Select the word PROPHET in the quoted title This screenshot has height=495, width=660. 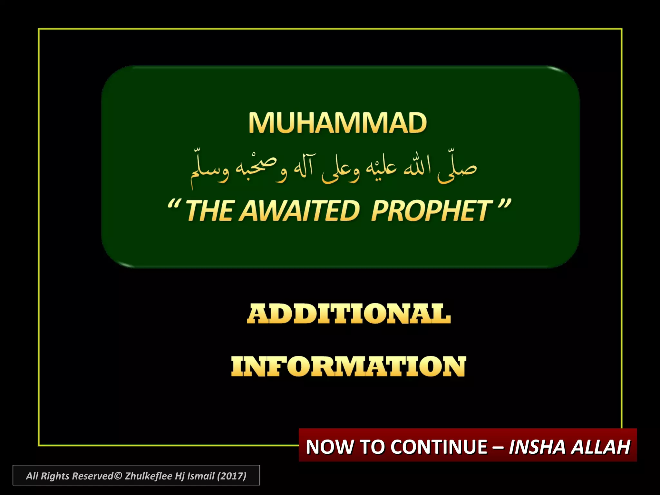tap(432, 211)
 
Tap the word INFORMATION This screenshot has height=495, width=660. tap(348, 366)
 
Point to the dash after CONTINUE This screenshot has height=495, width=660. tap(498, 447)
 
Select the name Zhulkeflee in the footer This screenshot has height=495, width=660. tap(148, 476)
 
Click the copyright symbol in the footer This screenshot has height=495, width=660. tap(118, 476)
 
